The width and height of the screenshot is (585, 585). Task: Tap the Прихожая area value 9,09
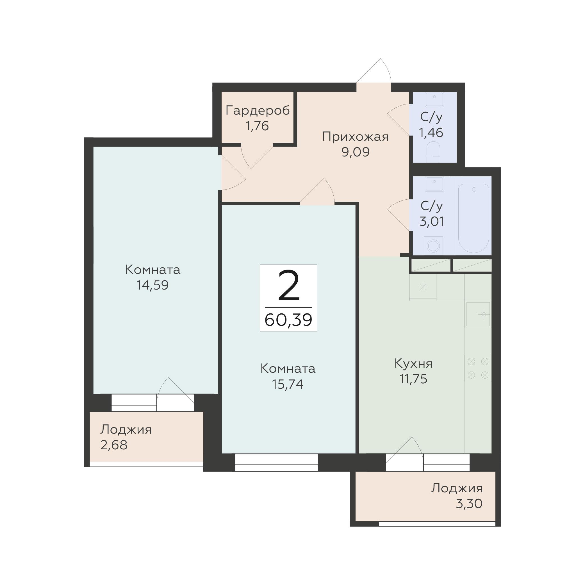pyautogui.click(x=356, y=152)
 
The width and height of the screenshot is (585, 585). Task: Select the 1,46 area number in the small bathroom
pyautogui.click(x=431, y=133)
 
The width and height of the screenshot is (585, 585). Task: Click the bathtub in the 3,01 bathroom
pyautogui.click(x=474, y=218)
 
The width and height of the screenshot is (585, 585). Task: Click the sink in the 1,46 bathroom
pyautogui.click(x=434, y=99)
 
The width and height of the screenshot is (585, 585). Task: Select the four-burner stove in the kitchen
pyautogui.click(x=478, y=368)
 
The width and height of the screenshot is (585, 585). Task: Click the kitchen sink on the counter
pyautogui.click(x=478, y=315)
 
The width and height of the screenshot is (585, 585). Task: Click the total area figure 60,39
pyautogui.click(x=288, y=320)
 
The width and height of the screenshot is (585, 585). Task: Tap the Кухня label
pyautogui.click(x=413, y=364)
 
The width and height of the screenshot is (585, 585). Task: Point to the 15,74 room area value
pyautogui.click(x=288, y=384)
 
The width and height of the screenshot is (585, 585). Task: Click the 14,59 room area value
pyautogui.click(x=152, y=285)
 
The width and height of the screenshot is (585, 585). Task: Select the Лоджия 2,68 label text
pyautogui.click(x=126, y=430)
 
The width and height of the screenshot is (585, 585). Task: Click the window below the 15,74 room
pyautogui.click(x=276, y=463)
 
